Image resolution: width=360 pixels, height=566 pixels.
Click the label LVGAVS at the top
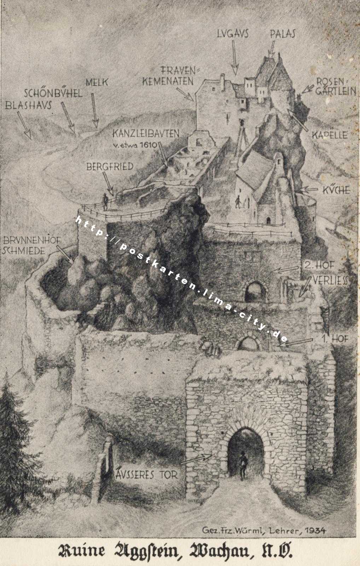tap(233, 34)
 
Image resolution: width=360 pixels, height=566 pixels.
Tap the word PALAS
tap(282, 34)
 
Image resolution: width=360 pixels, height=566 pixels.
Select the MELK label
tap(97, 82)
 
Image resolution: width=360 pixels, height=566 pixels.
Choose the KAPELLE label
tap(330, 135)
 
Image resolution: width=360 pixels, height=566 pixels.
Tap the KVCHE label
tap(336, 190)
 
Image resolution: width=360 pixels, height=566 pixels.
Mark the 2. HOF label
tap(319, 265)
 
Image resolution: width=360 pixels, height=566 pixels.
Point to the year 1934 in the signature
tap(315, 530)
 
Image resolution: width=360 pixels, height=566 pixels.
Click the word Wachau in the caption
tap(222, 551)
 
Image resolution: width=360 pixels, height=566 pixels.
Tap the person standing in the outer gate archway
tap(242, 466)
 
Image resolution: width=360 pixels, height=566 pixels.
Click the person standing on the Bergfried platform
tap(105, 202)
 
